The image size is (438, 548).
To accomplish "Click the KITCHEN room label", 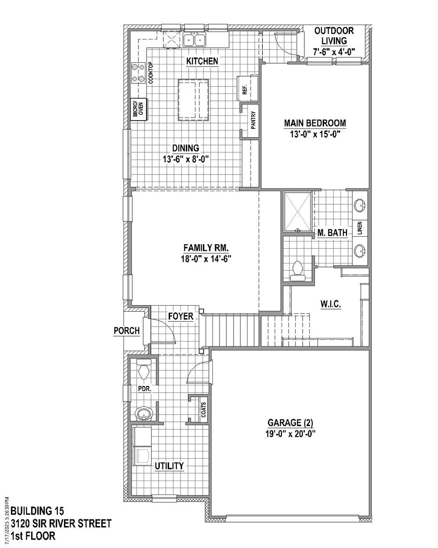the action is [x=202, y=61].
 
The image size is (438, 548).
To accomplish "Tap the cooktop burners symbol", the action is [x=138, y=73].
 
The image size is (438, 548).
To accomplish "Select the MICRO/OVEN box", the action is [x=138, y=109].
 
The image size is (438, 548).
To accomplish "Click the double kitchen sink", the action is [x=194, y=39].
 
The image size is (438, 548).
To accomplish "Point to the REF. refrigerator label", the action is [x=245, y=89].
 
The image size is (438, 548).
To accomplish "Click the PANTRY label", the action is [x=253, y=120].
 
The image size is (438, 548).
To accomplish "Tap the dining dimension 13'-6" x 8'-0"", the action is [x=186, y=159].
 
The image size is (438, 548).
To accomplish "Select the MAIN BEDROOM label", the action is [x=315, y=123].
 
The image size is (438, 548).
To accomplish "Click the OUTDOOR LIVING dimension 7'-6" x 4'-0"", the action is [x=334, y=52].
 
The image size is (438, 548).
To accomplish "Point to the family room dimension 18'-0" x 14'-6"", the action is [x=206, y=259].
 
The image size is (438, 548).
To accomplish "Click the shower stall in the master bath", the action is [x=297, y=212].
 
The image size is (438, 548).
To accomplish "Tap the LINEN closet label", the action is [x=360, y=228].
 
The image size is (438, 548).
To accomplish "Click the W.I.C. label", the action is [x=330, y=304].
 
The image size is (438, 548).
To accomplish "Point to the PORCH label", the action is [x=127, y=331].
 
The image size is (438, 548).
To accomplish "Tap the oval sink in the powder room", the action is [x=144, y=413].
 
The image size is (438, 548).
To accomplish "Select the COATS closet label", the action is [x=203, y=410].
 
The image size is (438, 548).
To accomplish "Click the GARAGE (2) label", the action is [x=290, y=423].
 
